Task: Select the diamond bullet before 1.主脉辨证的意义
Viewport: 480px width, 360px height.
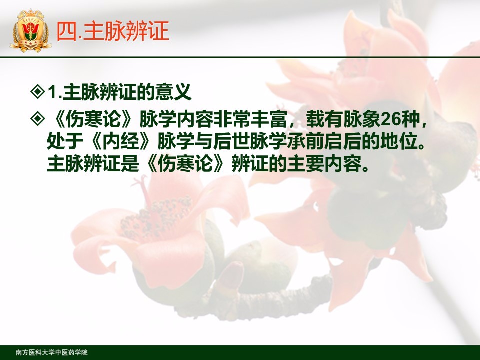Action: point(38,91)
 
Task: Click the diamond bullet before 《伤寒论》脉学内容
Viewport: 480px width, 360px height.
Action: point(38,119)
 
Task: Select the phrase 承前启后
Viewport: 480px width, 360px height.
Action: point(324,141)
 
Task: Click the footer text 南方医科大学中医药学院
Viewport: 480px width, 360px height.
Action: point(51,352)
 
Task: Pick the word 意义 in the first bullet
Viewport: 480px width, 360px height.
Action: point(173,92)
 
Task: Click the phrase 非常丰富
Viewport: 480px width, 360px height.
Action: point(250,119)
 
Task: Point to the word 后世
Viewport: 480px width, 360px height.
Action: point(231,141)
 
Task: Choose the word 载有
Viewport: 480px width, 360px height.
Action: point(325,119)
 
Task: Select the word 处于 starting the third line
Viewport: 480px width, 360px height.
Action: point(65,141)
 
